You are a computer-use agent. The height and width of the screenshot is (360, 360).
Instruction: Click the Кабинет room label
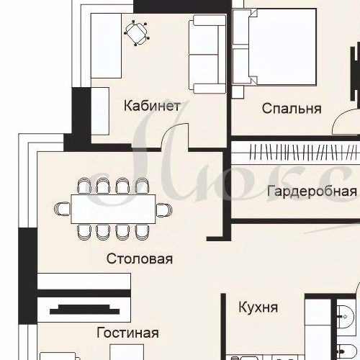[x=152, y=106]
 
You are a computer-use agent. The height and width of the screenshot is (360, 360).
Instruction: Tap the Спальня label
[x=291, y=109]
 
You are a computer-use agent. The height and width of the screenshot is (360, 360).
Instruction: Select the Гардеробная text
[x=311, y=192]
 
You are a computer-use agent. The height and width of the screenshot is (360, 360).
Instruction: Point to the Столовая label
[x=140, y=258]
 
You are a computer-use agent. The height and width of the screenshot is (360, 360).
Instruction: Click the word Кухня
[x=258, y=307]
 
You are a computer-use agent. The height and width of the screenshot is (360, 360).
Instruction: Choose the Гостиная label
[x=127, y=333]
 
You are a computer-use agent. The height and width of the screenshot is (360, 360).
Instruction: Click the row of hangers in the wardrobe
[x=295, y=153]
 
